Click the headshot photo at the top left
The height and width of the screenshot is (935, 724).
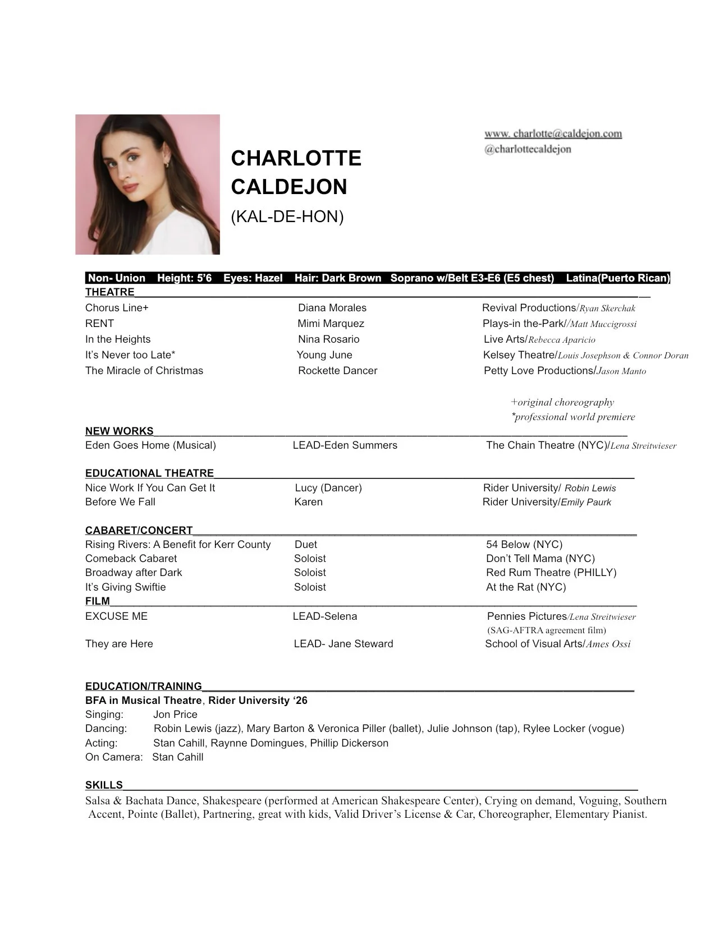148,185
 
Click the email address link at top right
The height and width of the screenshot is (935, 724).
553,134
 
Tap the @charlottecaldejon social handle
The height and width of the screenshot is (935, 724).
528,149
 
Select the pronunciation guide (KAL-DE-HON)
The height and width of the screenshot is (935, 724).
287,217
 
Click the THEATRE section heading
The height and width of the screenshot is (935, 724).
110,292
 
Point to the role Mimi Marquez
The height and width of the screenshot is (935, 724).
331,324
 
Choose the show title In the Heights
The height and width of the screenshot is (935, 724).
118,339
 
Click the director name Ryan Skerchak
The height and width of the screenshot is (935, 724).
607,308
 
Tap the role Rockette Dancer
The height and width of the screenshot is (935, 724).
338,371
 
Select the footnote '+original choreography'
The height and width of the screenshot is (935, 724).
562,402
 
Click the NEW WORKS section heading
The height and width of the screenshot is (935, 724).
119,431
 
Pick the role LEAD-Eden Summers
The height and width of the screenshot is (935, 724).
345,445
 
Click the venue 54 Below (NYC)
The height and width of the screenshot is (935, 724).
524,545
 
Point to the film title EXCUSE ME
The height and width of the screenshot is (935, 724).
117,616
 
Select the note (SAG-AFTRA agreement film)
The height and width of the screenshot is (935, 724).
547,630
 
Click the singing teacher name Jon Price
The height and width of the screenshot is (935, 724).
175,715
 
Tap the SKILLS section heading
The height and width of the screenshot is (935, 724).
104,785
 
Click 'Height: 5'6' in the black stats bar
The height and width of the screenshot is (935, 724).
184,278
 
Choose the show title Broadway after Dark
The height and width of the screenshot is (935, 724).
134,573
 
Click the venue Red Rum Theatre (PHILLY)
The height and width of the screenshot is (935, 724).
551,573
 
